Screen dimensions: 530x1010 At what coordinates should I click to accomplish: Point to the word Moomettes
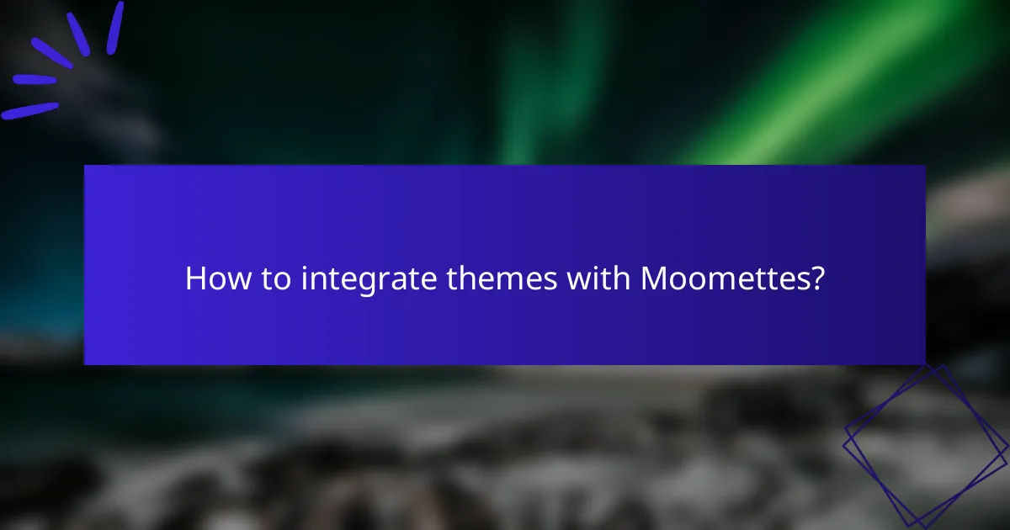(723, 278)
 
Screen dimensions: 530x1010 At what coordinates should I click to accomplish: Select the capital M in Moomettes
(656, 278)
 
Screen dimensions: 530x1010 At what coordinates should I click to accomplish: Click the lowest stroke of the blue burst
(30, 110)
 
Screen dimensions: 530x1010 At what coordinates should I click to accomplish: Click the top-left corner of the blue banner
(85, 166)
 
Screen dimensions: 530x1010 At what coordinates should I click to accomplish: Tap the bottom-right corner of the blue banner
(924, 363)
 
